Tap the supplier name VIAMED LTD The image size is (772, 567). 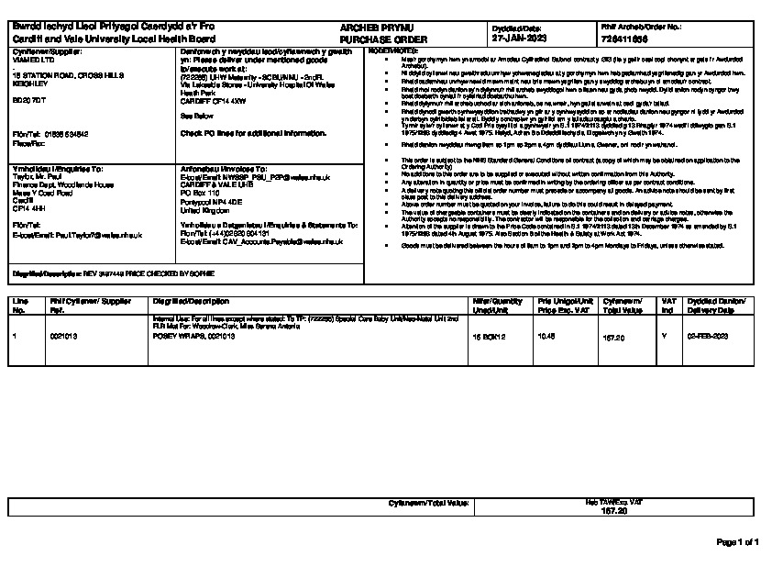tap(34, 59)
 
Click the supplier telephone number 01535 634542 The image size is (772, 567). tap(63, 134)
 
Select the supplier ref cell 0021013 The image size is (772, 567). tap(64, 337)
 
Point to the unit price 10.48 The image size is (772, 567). tap(546, 337)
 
